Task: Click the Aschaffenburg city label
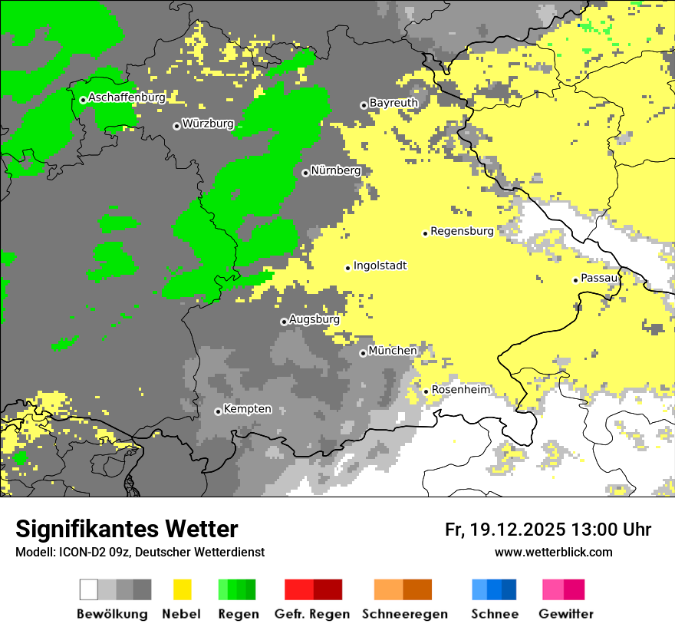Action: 127,97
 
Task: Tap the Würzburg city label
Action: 208,124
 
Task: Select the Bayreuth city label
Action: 393,103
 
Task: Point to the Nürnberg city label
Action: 335,170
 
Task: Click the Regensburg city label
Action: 462,230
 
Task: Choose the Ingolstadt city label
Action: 380,266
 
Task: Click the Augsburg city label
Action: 314,319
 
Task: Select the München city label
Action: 393,351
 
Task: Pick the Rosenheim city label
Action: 460,390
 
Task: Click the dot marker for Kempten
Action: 218,411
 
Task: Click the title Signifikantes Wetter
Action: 127,530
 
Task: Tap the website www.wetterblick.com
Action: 553,552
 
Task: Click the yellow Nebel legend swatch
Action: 183,589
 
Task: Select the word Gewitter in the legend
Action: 565,614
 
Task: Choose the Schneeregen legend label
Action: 405,614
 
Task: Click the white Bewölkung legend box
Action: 89,589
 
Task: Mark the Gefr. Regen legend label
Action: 311,614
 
